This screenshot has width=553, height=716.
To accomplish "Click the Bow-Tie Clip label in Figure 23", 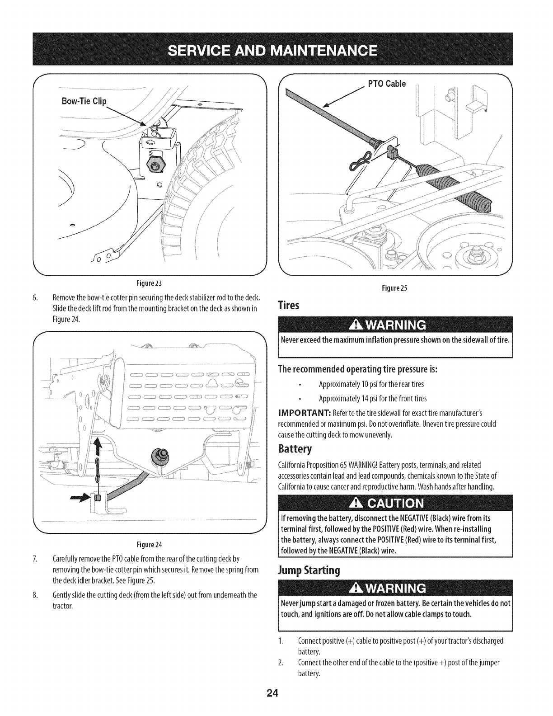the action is click(84, 101).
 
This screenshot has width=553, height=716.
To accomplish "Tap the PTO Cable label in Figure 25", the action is click(387, 84).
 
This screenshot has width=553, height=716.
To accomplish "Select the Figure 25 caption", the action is click(394, 288).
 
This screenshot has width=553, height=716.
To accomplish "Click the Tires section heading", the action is click(289, 306).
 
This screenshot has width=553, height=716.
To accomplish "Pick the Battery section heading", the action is click(295, 449).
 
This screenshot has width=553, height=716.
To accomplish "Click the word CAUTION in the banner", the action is click(396, 504).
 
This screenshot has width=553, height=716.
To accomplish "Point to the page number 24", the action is click(273, 693).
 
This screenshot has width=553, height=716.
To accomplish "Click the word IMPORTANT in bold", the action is click(305, 413).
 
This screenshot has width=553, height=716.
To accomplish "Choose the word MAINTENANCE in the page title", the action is click(324, 51).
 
